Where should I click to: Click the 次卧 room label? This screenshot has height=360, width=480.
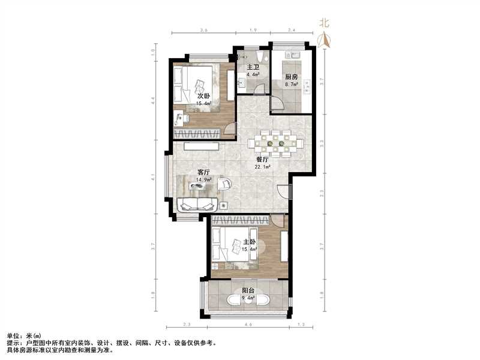click(203, 95)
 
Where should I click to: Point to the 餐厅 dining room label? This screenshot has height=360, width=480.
click(263, 160)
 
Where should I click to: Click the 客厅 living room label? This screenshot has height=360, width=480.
click(204, 172)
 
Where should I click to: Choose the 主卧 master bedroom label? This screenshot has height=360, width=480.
click(249, 241)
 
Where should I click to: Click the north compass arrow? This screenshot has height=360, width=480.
click(325, 40)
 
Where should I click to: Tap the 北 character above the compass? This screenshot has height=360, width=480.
click(324, 23)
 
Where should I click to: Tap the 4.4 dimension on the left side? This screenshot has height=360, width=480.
click(154, 99)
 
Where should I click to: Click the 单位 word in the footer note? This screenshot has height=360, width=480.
click(13, 335)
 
